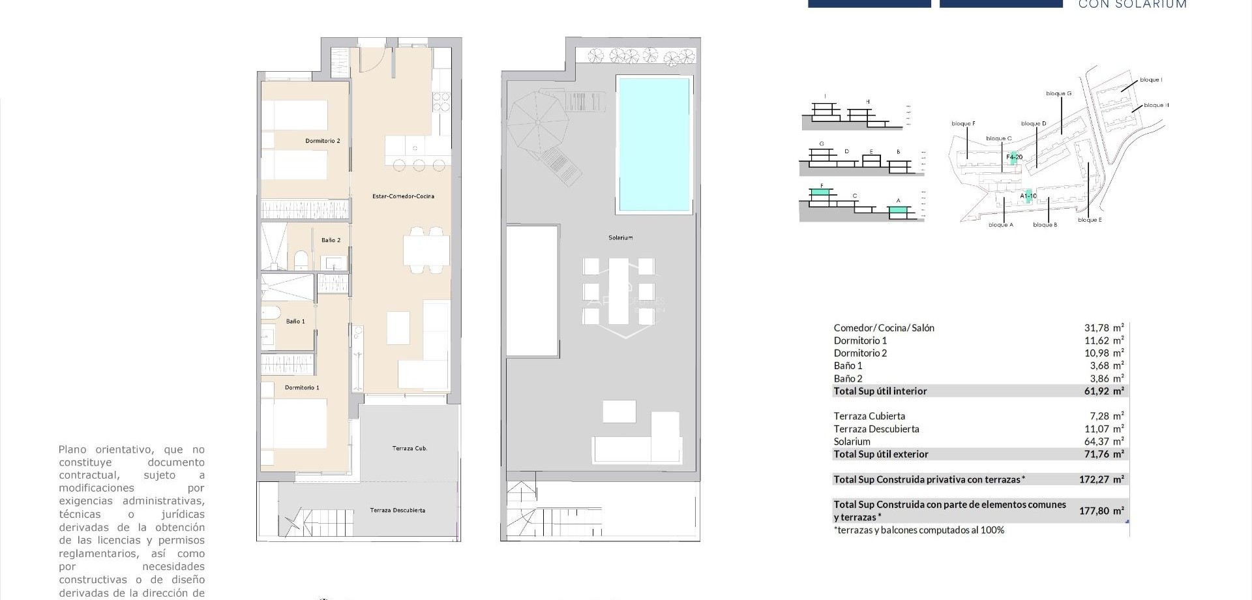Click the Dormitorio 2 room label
click(323, 141)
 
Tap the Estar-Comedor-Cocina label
click(402, 196)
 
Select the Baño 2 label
click(331, 240)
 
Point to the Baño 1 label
click(295, 322)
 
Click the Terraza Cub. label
click(410, 449)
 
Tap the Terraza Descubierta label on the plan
click(397, 510)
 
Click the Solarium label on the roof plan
click(620, 238)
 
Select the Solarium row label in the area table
click(852, 442)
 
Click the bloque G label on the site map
click(1058, 94)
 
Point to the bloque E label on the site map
click(1090, 220)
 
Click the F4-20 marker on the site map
click(1014, 157)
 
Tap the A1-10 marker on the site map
click(1028, 196)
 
